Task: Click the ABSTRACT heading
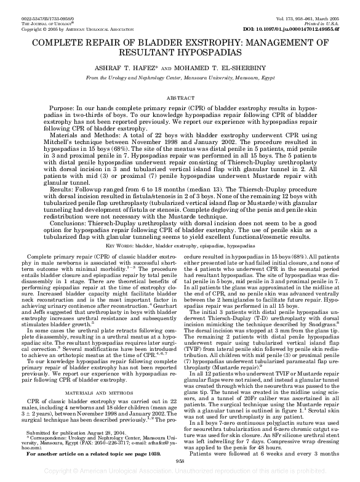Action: click(x=180, y=97)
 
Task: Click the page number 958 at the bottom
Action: click(x=180, y=460)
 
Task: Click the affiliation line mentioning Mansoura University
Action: click(x=180, y=79)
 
